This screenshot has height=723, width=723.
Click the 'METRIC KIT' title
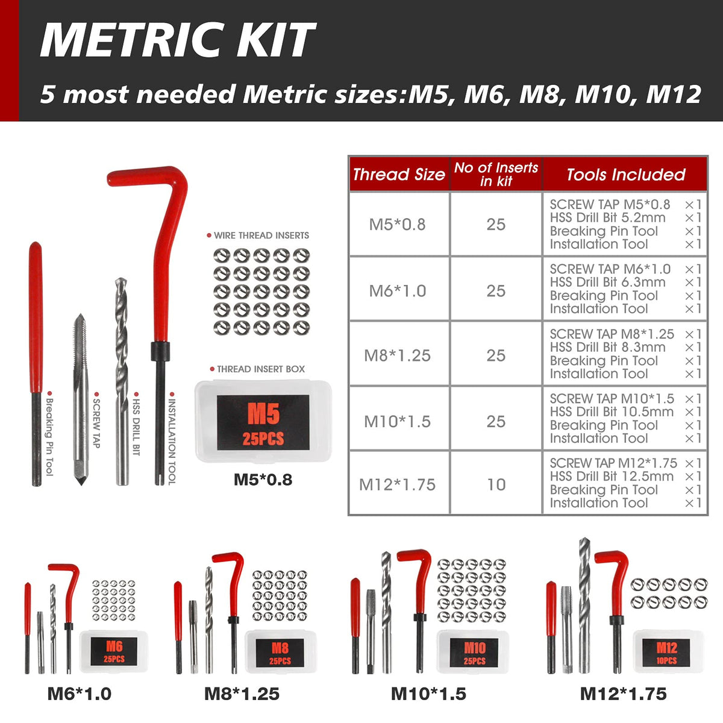coord(177,39)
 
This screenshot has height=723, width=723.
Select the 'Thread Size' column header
coord(399,175)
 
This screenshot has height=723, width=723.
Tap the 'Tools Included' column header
coord(625,175)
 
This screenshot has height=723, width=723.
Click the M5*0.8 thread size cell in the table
coord(397,224)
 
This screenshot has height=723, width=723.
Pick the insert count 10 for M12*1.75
coord(496,484)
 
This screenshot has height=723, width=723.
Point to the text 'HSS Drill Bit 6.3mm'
coord(607,282)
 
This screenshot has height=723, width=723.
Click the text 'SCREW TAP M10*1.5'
coord(612,398)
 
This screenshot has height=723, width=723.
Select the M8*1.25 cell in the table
coord(397,355)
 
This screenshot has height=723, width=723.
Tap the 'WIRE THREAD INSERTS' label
coord(261,235)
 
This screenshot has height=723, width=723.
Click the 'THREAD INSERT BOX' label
coord(261,369)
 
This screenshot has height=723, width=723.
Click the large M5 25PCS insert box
coord(263,421)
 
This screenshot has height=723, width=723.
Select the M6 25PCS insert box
coord(114,652)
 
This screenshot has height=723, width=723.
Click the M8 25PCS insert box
coord(280,652)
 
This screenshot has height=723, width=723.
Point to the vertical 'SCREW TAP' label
coord(96,423)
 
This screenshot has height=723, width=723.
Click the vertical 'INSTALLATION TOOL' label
coord(172,440)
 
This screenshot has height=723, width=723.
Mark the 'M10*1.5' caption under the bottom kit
coord(428,694)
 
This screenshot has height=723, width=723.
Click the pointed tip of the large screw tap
coord(81,485)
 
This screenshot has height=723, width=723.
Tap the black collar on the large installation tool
coord(160,351)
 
